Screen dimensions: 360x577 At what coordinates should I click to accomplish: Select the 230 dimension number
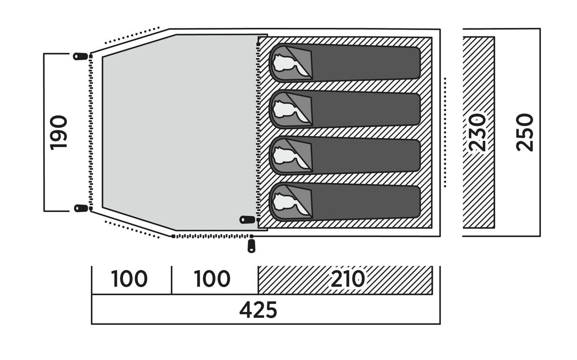pos(478,132)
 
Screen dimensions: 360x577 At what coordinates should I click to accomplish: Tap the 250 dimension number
pos(525,132)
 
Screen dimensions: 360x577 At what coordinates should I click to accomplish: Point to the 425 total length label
pos(258,310)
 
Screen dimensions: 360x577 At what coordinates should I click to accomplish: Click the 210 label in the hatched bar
pos(348,279)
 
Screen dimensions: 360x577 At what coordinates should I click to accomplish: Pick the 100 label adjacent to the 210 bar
pos(212,279)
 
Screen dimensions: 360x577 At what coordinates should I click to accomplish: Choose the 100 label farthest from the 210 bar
pos(129,279)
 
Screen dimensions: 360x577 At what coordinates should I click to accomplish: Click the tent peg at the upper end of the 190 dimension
pos(80,56)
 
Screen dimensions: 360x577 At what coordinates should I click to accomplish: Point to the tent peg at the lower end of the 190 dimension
pos(80,208)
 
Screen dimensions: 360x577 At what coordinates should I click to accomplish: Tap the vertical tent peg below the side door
pos(251,246)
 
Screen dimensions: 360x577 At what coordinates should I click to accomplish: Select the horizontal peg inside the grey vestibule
pos(247,220)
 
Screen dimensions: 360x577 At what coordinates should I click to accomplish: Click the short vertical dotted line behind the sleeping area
pos(445,132)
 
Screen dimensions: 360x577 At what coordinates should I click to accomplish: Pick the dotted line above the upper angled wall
pos(132,35)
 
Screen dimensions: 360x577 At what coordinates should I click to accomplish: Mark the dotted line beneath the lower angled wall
pos(132,229)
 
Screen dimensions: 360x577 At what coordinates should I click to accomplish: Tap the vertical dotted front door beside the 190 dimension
pos(90,132)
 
